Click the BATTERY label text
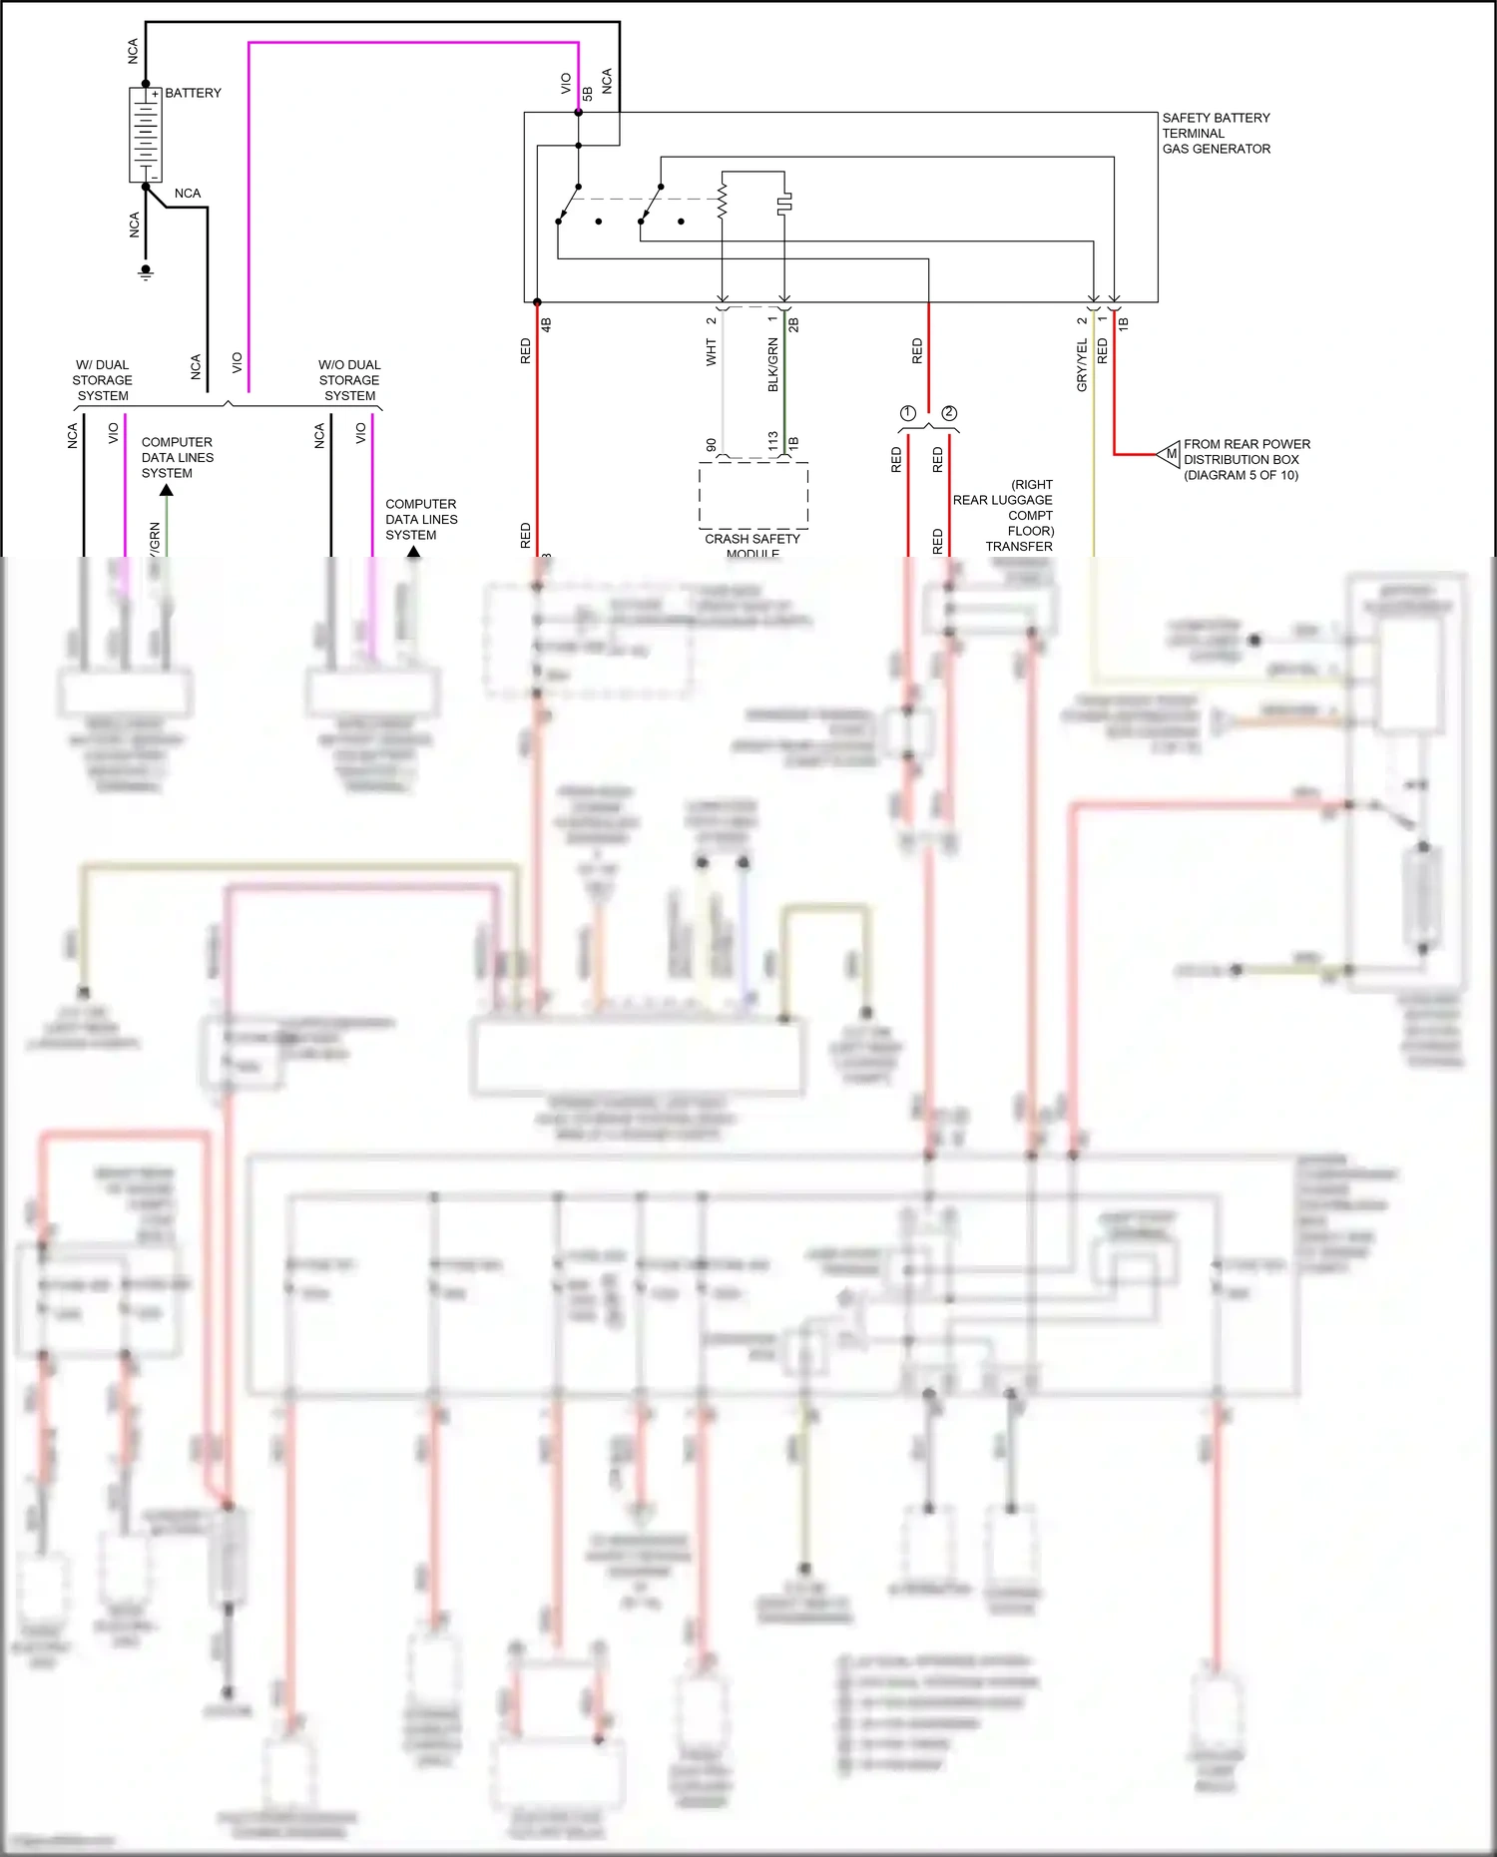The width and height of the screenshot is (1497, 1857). (x=193, y=93)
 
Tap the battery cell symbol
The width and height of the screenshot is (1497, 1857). (x=146, y=135)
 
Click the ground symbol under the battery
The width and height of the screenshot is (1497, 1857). (x=146, y=271)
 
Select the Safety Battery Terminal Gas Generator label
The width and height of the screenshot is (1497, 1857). (x=1216, y=133)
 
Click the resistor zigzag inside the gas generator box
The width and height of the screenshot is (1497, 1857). (x=723, y=198)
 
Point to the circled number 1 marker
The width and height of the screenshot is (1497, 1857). (x=907, y=413)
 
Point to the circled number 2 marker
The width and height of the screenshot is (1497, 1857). (x=949, y=413)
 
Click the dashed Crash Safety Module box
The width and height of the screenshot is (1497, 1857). (x=752, y=495)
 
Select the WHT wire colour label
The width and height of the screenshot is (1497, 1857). (x=712, y=351)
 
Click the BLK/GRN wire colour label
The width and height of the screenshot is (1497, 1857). (x=772, y=364)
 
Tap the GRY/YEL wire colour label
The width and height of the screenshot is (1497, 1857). (x=1082, y=364)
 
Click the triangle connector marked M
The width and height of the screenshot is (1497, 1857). (x=1170, y=454)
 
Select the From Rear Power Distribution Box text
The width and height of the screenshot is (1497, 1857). (x=1246, y=459)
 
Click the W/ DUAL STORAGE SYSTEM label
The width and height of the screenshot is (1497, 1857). (x=102, y=380)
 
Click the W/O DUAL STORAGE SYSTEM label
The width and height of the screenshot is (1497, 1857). (x=349, y=380)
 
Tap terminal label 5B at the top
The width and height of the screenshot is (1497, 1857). (x=588, y=93)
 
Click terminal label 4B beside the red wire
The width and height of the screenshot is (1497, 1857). (x=546, y=324)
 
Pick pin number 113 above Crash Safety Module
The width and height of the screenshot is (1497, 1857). (x=772, y=441)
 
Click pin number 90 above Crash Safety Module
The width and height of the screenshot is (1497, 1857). (x=711, y=445)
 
